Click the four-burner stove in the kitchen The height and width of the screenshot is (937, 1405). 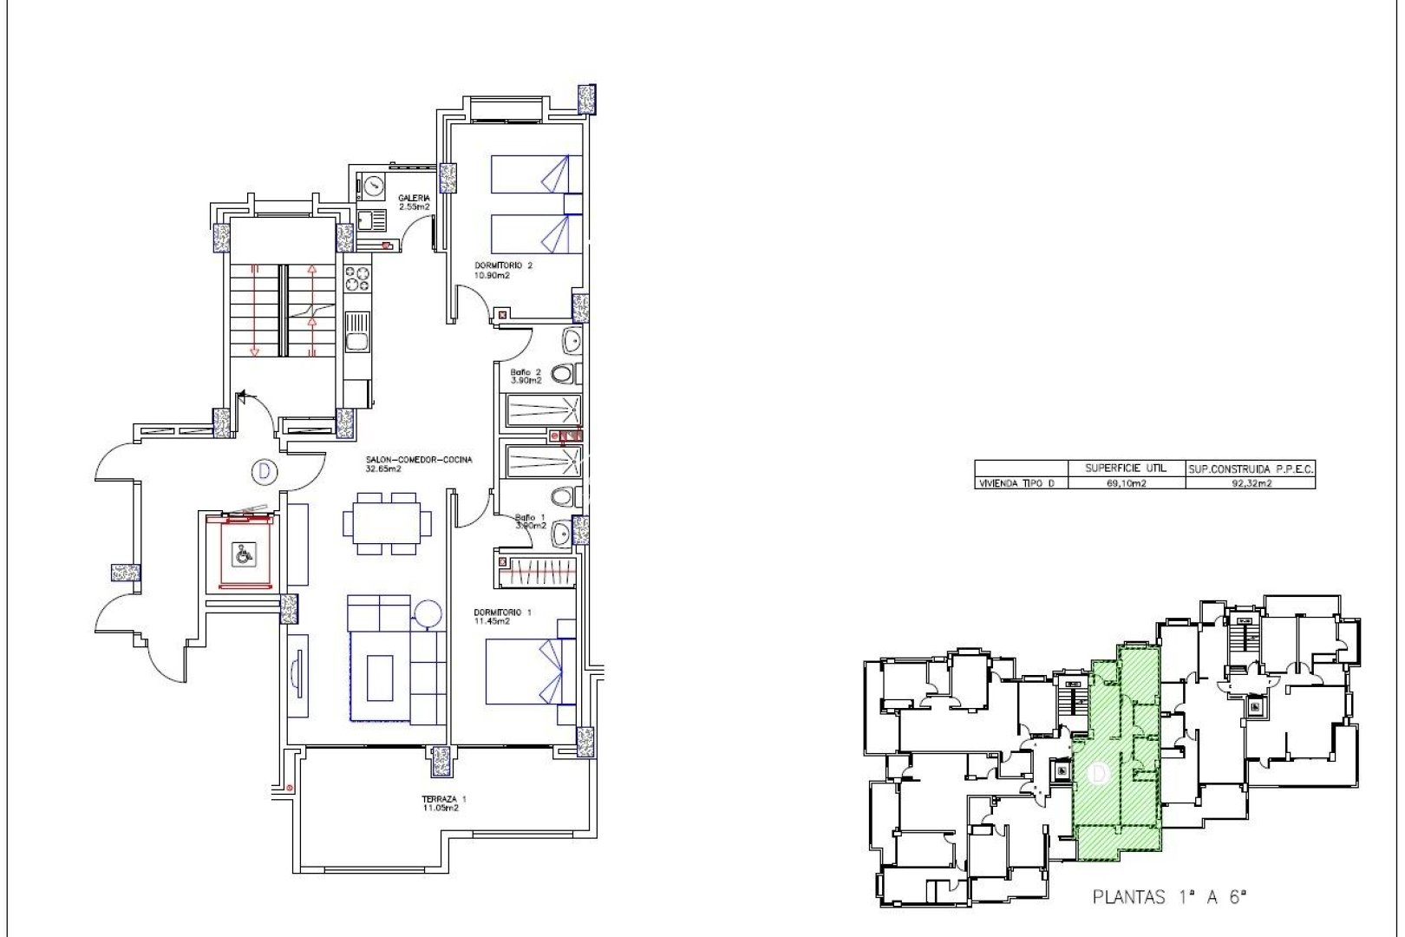tap(357, 278)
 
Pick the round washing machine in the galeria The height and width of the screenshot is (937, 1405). tap(373, 185)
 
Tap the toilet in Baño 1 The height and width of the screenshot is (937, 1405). tap(564, 497)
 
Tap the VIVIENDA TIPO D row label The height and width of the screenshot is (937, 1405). tap(1016, 483)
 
